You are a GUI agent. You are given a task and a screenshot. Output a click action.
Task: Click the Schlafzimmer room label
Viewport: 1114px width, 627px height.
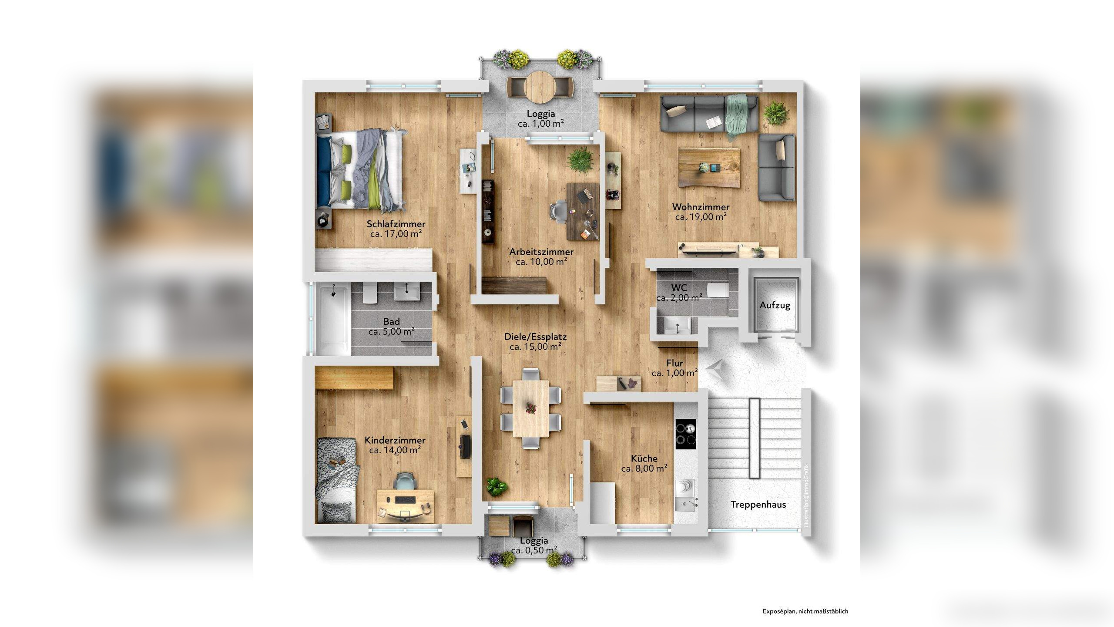click(x=396, y=224)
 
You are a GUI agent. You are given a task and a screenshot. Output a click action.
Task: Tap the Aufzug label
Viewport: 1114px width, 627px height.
click(x=775, y=305)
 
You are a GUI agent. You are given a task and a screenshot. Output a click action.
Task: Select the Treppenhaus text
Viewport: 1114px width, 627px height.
click(x=758, y=505)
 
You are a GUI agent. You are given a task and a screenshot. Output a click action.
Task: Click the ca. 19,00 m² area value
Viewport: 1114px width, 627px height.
click(x=701, y=217)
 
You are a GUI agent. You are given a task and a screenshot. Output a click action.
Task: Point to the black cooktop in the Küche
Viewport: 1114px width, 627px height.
click(x=686, y=434)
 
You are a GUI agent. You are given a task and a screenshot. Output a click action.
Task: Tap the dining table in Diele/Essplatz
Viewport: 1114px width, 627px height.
click(x=531, y=409)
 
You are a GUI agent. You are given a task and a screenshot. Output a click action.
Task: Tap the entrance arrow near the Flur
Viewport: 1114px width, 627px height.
click(x=714, y=369)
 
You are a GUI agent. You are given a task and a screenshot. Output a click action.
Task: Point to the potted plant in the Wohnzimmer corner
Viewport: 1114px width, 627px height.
click(x=776, y=112)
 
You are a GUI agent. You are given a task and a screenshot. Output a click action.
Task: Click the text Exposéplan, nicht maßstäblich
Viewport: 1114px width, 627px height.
click(x=805, y=611)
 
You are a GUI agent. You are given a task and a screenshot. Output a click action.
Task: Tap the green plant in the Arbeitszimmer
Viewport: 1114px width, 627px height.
click(x=580, y=159)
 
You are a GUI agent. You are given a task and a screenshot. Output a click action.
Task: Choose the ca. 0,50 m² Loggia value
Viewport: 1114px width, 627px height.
click(x=534, y=550)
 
